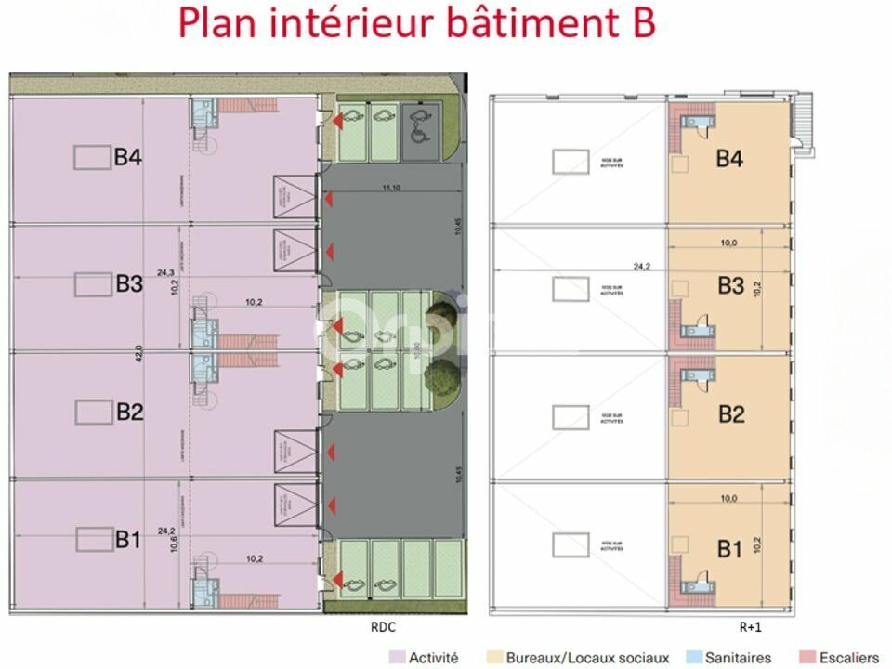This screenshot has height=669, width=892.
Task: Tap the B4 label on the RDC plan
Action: [127, 158]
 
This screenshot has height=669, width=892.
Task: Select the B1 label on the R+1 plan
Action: [730, 549]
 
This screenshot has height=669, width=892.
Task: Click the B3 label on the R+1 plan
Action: [730, 285]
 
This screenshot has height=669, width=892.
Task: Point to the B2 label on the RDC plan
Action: [128, 412]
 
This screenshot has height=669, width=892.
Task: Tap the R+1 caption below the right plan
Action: [750, 627]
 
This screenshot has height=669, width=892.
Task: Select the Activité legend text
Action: [433, 658]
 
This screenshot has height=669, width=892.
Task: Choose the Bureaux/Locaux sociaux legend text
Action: [587, 658]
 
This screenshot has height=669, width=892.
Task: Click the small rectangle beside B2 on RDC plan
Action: [93, 411]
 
